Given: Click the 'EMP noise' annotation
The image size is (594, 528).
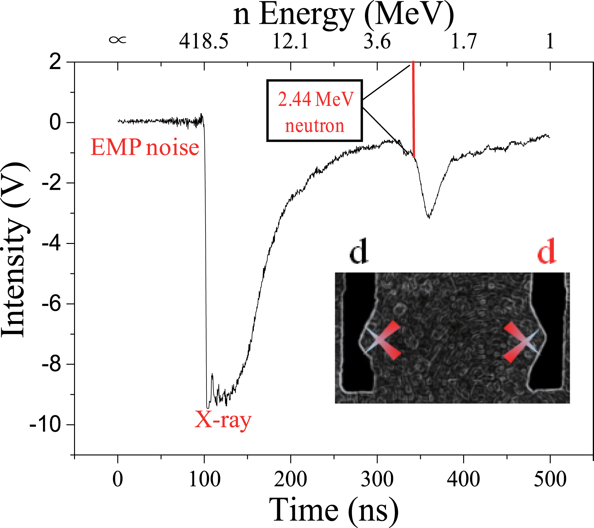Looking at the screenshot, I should coord(145,147).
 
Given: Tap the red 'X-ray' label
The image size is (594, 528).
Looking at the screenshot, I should coord(223,420).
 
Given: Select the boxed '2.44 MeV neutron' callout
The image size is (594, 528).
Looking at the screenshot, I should coord(315,111).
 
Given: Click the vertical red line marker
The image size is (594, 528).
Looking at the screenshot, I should coord(414,110).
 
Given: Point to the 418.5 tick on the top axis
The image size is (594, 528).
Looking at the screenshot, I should coord(204,41).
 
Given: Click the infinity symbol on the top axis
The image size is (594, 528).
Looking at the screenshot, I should coord(118,40).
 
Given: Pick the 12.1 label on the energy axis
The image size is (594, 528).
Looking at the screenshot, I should coord(291,41).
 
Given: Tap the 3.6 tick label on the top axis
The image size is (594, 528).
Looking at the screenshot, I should coord(377,41).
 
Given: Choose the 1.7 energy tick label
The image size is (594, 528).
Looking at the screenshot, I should coord(463,41).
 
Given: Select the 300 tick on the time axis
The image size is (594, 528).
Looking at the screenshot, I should coord(377,479).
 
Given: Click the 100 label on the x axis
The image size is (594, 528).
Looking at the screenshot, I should coord(204,479).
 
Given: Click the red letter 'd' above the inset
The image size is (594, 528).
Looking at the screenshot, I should coord(546,251).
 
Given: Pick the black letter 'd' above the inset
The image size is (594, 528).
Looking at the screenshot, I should coord(359,251).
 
